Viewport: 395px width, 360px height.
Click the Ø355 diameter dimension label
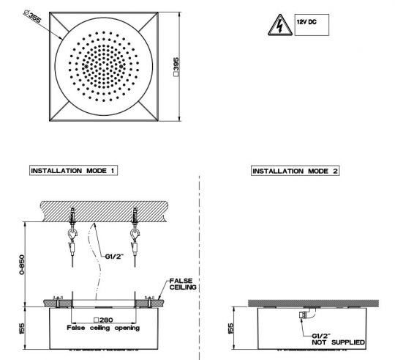tap(32, 16)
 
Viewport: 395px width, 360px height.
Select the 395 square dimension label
tap(176, 67)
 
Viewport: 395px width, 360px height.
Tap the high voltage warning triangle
tap(280, 25)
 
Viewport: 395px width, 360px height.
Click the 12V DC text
tap(306, 22)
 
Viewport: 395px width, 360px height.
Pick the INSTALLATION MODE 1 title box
tap(73, 171)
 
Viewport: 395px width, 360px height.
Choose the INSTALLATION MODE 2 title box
tap(295, 171)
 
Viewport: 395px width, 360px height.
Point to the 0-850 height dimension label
tap(22, 265)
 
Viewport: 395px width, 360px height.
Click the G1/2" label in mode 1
tap(114, 257)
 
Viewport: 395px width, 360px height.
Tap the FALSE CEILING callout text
tap(183, 284)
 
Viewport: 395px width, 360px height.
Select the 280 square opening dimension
tap(103, 320)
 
